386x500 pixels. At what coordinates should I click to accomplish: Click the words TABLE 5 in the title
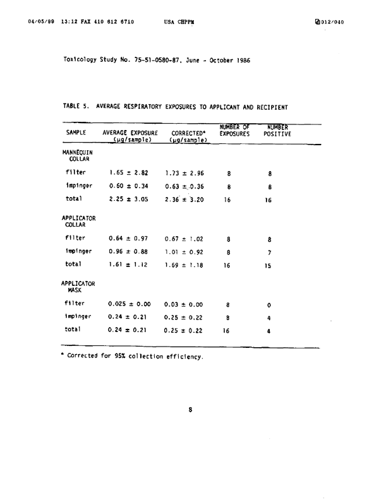click(77, 107)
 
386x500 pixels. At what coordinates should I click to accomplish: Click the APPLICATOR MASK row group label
click(78, 289)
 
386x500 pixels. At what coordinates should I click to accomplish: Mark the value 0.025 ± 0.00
click(130, 304)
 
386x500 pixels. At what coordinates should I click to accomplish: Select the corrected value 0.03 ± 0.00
click(184, 304)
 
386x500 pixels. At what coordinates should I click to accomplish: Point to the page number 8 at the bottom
click(191, 409)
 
